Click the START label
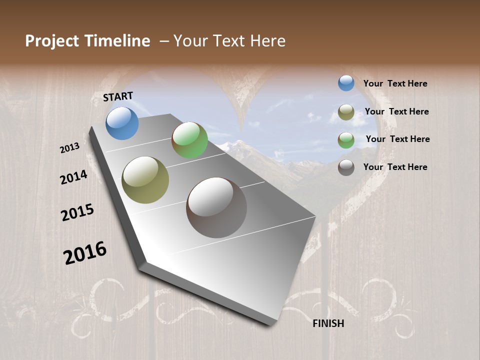[x=118, y=96]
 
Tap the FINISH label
[x=328, y=323]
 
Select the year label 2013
[x=69, y=147]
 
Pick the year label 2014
[x=73, y=177]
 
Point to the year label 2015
[x=77, y=212]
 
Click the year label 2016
[x=85, y=253]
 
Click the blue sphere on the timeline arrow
[x=122, y=123]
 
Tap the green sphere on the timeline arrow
[x=189, y=140]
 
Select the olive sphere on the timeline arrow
[x=145, y=180]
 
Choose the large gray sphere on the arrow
[x=216, y=207]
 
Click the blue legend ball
[x=346, y=83]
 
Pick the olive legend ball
[x=346, y=112]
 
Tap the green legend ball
[x=346, y=139]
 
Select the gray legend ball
[x=346, y=167]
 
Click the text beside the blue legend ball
[x=395, y=83]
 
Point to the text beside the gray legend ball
[x=395, y=167]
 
